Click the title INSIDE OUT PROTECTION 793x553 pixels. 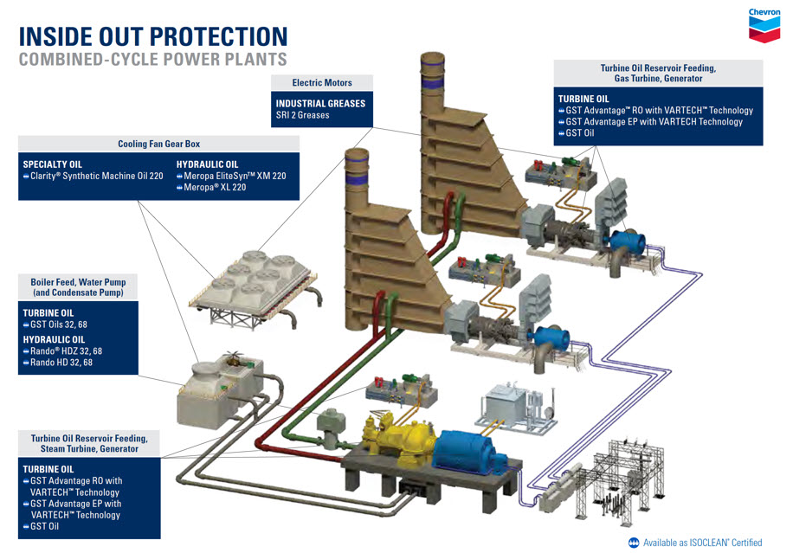click(x=153, y=36)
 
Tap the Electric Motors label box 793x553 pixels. click(x=322, y=83)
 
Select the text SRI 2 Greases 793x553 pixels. click(x=302, y=115)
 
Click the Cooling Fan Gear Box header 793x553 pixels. click(x=158, y=144)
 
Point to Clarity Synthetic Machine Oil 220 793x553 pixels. click(x=93, y=177)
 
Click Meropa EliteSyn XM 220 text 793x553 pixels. click(x=231, y=177)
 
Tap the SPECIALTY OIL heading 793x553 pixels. click(x=52, y=164)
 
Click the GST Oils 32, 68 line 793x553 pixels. click(x=55, y=325)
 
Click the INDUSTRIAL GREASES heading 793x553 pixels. click(x=320, y=103)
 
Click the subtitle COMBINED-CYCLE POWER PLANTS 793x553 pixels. click(x=153, y=60)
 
